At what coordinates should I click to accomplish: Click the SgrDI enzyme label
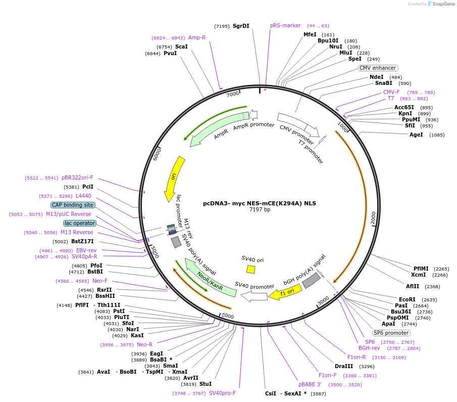click(241, 26)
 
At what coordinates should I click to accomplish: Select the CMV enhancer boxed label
click(378, 68)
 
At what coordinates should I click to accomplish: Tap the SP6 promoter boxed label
click(391, 333)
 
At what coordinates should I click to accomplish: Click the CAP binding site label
click(72, 205)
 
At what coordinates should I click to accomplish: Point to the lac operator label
click(79, 223)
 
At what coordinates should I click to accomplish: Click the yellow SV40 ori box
click(250, 270)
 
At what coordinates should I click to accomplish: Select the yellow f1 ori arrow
click(286, 292)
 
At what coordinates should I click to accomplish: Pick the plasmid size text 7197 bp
click(260, 209)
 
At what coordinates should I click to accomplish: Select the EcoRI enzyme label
click(407, 299)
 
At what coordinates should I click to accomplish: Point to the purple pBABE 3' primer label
click(310, 384)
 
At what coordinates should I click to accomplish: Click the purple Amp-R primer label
click(197, 38)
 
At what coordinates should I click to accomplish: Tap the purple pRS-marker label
click(285, 25)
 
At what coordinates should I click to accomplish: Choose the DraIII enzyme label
click(344, 366)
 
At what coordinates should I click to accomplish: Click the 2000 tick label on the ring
click(373, 218)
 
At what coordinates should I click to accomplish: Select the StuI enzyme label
click(206, 384)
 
